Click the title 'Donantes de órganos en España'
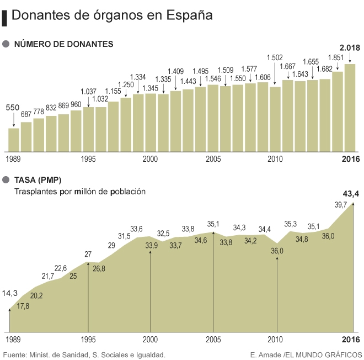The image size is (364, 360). [x=111, y=15]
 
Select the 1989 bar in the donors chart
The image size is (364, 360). [x=14, y=140]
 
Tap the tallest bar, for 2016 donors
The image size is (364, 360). [x=350, y=108]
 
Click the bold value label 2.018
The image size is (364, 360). [x=350, y=48]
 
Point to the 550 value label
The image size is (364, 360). [x=13, y=108]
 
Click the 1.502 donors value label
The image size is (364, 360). [x=275, y=57]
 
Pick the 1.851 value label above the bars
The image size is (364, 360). [x=336, y=57]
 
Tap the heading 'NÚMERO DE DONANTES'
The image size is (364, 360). [x=63, y=44]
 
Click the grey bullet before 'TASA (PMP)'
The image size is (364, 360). [x=6, y=179]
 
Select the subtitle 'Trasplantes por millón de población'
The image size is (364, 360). [x=80, y=192]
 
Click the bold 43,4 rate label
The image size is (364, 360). [x=351, y=193]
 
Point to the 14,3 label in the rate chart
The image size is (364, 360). [x=10, y=293]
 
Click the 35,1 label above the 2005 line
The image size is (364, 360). [x=213, y=224]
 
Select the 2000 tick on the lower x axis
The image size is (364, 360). [x=150, y=338]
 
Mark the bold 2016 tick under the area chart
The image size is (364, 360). [x=351, y=338]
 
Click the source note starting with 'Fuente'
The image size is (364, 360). [x=84, y=354]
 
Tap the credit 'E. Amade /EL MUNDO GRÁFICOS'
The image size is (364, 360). [x=306, y=354]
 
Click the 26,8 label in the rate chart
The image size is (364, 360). [x=99, y=269]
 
